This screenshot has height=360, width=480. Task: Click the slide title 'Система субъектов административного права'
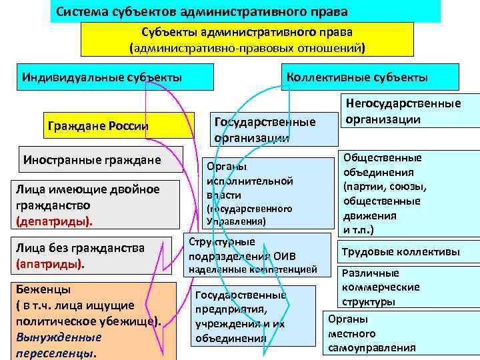tap(201, 12)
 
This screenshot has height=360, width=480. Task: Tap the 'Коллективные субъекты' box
tap(357, 77)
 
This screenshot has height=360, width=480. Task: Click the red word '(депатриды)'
tap(53, 220)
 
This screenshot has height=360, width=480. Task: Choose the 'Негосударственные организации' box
tap(410, 111)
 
